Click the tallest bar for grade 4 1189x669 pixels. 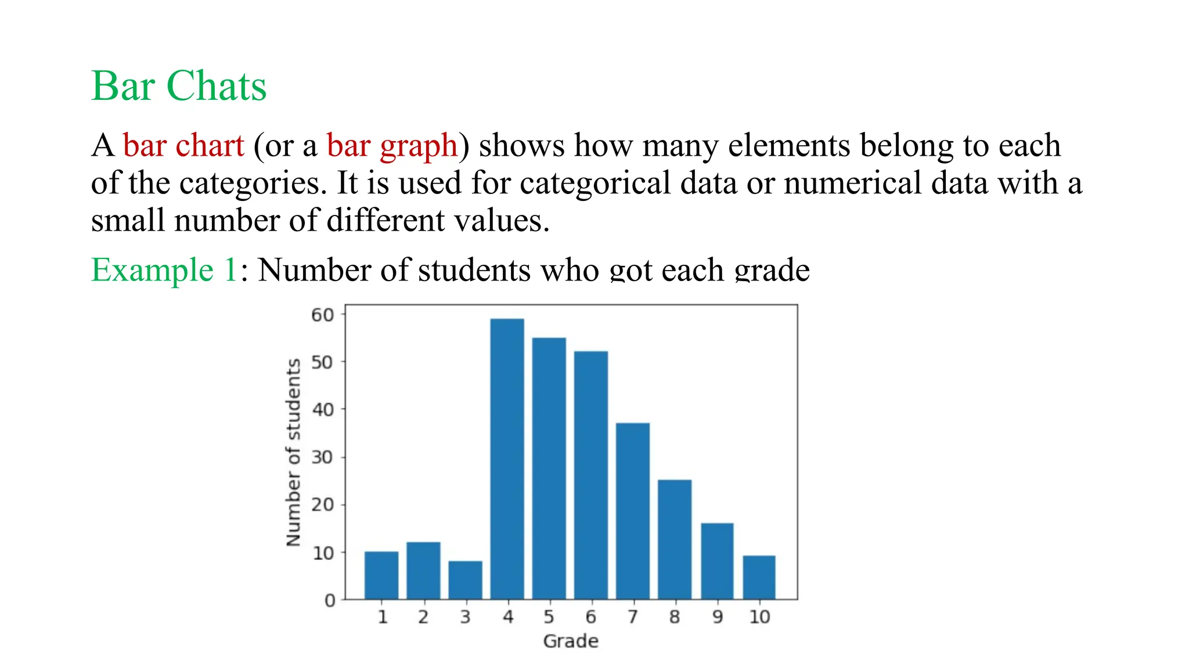507,459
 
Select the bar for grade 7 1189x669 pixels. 632,511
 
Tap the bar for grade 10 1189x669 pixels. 759,577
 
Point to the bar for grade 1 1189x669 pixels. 381,575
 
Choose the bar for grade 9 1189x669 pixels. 717,561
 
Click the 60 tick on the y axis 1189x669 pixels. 323,315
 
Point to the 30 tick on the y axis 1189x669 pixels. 323,458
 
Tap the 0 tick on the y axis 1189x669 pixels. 329,600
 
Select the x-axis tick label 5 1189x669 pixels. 549,617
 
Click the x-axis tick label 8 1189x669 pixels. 674,617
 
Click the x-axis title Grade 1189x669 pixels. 570,641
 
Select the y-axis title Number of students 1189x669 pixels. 294,452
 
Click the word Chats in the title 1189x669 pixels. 216,86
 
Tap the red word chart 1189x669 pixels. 210,145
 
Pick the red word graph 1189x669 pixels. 418,146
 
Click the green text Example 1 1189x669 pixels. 164,270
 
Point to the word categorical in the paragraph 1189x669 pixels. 595,184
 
